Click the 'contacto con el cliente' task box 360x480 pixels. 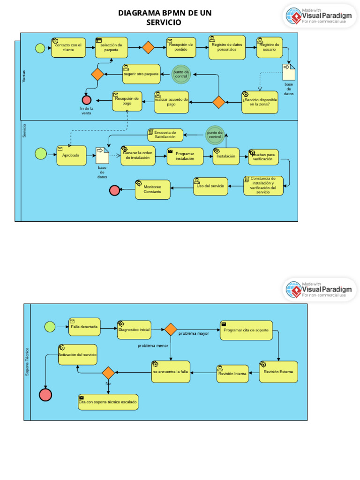click(x=68, y=47)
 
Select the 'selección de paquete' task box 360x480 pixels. click(x=111, y=47)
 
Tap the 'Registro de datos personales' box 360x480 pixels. click(x=227, y=47)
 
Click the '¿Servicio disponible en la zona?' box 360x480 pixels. click(x=259, y=102)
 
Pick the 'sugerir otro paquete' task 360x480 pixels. click(x=141, y=74)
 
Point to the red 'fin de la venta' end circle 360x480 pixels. click(x=86, y=100)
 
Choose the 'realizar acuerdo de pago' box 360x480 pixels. click(x=172, y=102)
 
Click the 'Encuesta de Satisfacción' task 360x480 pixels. click(x=165, y=135)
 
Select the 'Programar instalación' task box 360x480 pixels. click(x=185, y=157)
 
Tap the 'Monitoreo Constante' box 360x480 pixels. click(x=153, y=189)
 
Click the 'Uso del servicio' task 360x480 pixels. click(x=210, y=186)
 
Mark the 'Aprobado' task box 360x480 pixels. click(x=71, y=155)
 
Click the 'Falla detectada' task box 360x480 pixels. click(x=84, y=327)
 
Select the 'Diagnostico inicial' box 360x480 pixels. click(x=134, y=330)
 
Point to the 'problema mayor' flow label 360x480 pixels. click(x=194, y=333)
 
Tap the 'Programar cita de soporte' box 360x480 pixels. click(x=246, y=330)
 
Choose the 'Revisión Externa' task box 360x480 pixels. click(x=278, y=372)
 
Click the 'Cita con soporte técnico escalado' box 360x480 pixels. click(x=108, y=402)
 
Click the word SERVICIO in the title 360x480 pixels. click(x=164, y=22)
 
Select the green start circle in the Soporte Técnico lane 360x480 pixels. click(x=50, y=327)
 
